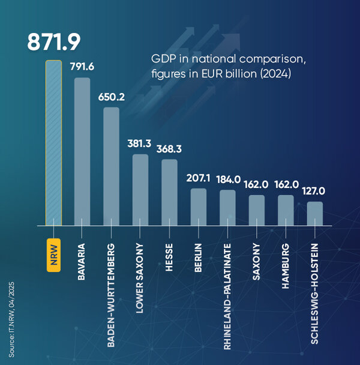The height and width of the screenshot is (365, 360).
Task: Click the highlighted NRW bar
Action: pyautogui.click(x=53, y=143)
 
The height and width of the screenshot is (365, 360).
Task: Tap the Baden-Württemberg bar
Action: pyautogui.click(x=111, y=166)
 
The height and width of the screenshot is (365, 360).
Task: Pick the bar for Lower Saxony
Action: pyautogui.click(x=140, y=190)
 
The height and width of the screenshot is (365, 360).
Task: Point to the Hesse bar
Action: pyautogui.click(x=169, y=192)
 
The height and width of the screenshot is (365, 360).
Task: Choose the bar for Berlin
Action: pyautogui.click(x=199, y=207)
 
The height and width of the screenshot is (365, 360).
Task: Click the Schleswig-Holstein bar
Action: pyautogui.click(x=314, y=213)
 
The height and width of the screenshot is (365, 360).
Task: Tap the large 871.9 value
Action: pyautogui.click(x=54, y=42)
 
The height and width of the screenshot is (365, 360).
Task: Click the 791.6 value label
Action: pyautogui.click(x=83, y=67)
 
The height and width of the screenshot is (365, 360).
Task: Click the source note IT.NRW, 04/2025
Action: pyautogui.click(x=12, y=312)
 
